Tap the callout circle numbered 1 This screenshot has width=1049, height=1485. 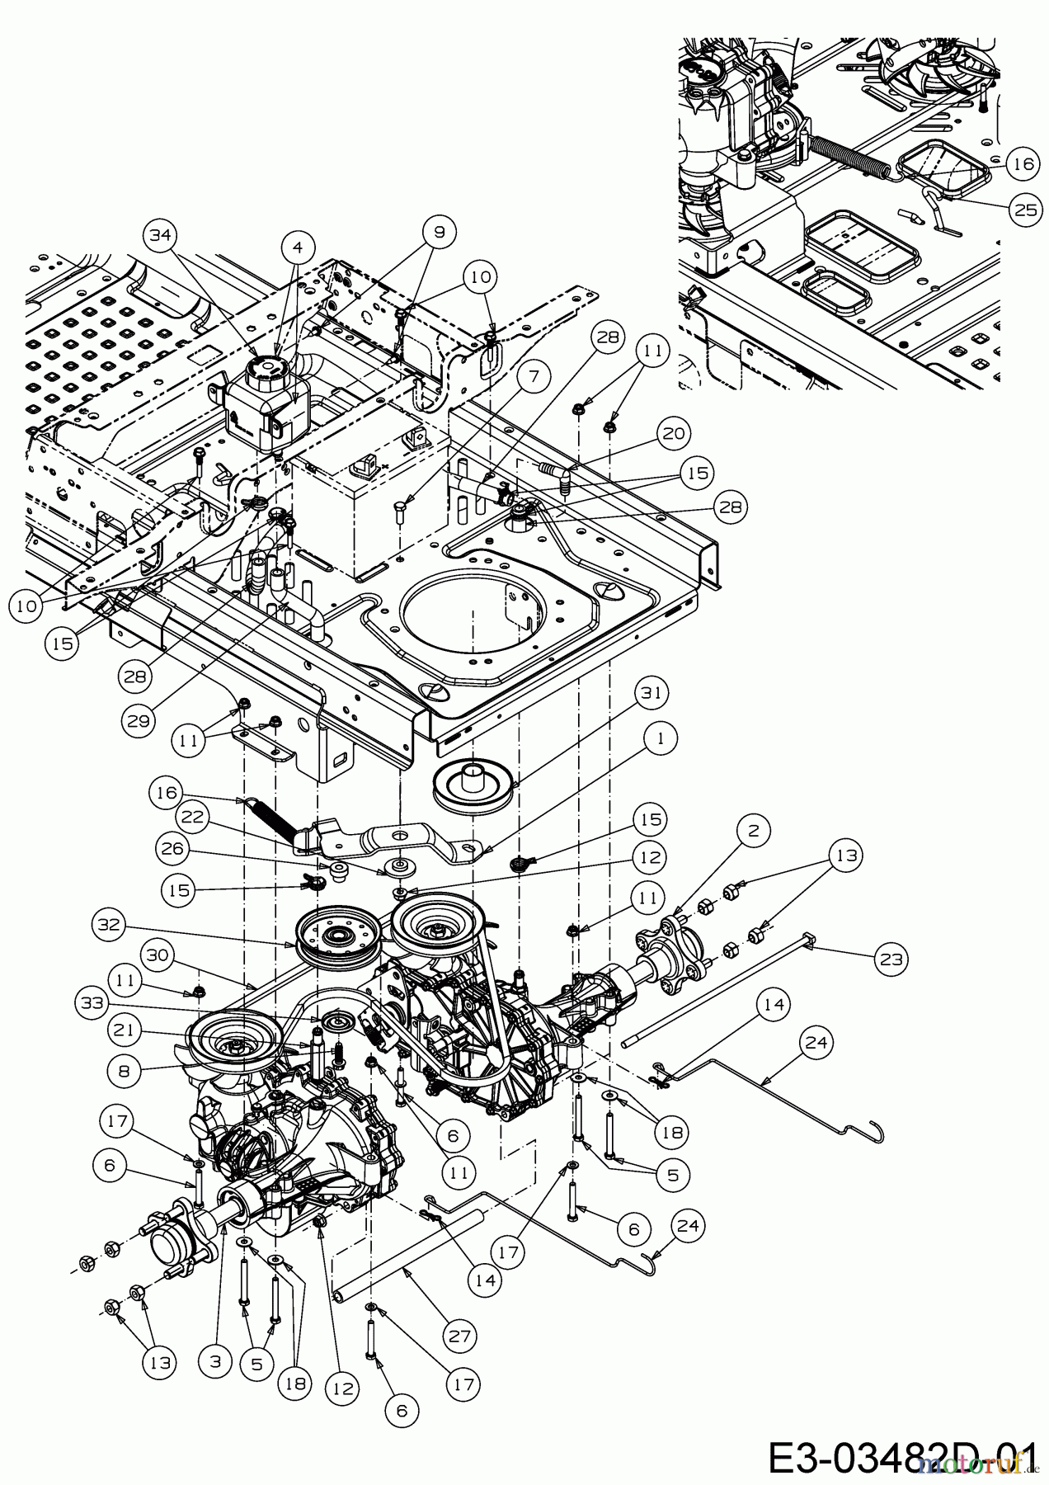click(x=660, y=738)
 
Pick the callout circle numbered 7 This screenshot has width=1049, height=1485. click(x=534, y=378)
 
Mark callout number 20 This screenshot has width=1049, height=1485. click(x=674, y=433)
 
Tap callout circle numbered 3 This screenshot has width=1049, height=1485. click(x=215, y=1362)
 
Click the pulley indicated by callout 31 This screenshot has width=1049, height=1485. click(x=473, y=788)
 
